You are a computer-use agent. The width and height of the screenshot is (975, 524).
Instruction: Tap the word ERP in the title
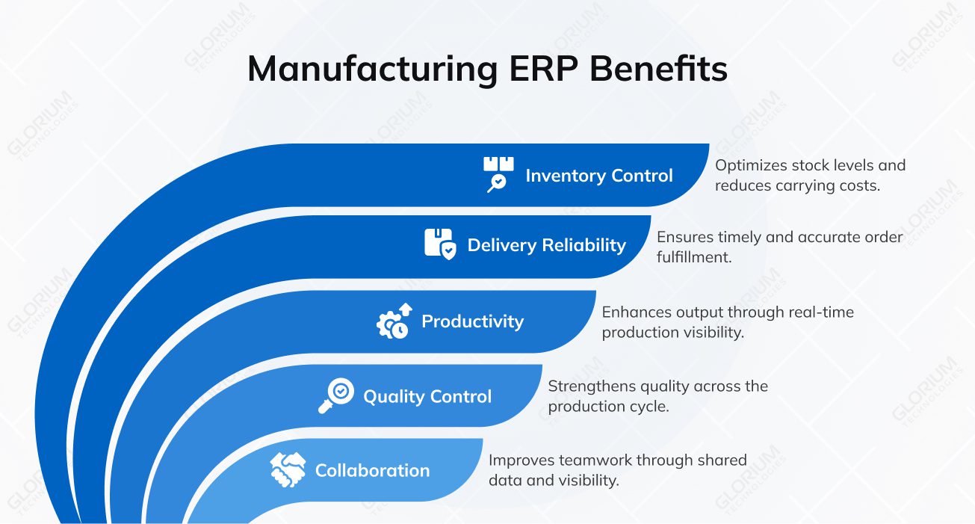tap(538, 70)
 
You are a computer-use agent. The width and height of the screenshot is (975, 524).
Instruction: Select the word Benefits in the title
tap(657, 70)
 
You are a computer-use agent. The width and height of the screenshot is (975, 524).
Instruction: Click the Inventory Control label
tap(598, 176)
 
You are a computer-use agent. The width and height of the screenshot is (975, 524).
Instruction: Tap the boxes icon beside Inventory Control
tap(498, 174)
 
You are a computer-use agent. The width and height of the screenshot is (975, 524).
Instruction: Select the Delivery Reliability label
tap(546, 245)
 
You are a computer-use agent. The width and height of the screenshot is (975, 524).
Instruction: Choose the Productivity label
tap(472, 321)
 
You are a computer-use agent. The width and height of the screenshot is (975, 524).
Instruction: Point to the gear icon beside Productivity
tap(393, 322)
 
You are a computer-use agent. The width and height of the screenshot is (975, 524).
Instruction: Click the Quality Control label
tap(427, 396)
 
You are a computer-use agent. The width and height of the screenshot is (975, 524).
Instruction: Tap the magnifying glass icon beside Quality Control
tap(336, 395)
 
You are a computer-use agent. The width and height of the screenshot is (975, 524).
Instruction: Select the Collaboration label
tap(372, 470)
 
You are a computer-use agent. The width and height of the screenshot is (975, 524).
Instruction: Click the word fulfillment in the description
tap(694, 256)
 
